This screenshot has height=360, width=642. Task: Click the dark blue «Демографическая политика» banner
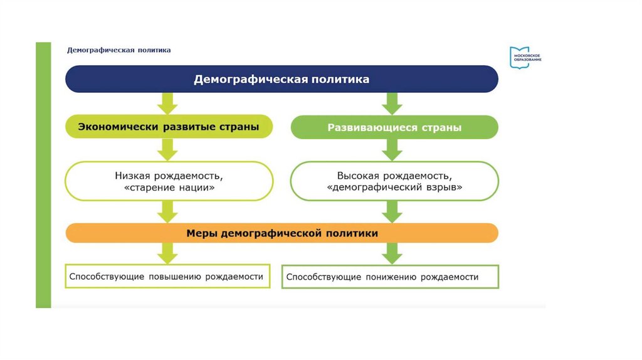pyautogui.click(x=282, y=80)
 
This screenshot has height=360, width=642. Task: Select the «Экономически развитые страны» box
pyautogui.click(x=169, y=127)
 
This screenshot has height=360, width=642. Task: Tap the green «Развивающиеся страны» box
pyautogui.click(x=394, y=127)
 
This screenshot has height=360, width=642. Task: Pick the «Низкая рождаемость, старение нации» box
pyautogui.click(x=169, y=181)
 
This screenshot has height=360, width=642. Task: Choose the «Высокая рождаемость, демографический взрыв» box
pyautogui.click(x=394, y=181)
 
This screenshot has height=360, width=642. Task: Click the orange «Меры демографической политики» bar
pyautogui.click(x=282, y=233)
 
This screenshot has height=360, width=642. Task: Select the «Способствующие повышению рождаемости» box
pyautogui.click(x=167, y=276)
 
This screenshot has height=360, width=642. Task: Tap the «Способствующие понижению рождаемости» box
pyautogui.click(x=390, y=277)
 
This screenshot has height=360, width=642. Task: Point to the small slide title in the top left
pyautogui.click(x=119, y=50)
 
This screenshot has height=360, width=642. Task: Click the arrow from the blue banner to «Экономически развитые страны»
pyautogui.click(x=167, y=103)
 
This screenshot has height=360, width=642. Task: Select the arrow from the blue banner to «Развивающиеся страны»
pyautogui.click(x=392, y=103)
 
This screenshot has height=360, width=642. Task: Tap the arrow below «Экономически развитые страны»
pyautogui.click(x=167, y=149)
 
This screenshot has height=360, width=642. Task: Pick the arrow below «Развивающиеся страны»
pyautogui.click(x=392, y=149)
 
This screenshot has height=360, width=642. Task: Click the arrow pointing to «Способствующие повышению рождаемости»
pyautogui.click(x=167, y=253)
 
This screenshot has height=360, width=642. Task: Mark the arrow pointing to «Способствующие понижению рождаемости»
pyautogui.click(x=392, y=253)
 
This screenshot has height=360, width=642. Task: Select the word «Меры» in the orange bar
pyautogui.click(x=201, y=233)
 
